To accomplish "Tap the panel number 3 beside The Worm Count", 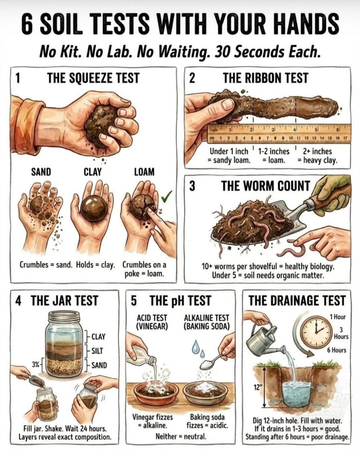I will click(x=192, y=186).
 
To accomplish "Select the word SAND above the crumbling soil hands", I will click(x=41, y=172).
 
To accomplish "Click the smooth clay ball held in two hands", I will click(x=94, y=209).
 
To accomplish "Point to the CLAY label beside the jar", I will click(x=98, y=337).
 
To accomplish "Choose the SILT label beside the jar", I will click(x=97, y=351).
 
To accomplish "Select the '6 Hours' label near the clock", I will click(x=336, y=350).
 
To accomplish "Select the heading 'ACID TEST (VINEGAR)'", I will click(x=152, y=322).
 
